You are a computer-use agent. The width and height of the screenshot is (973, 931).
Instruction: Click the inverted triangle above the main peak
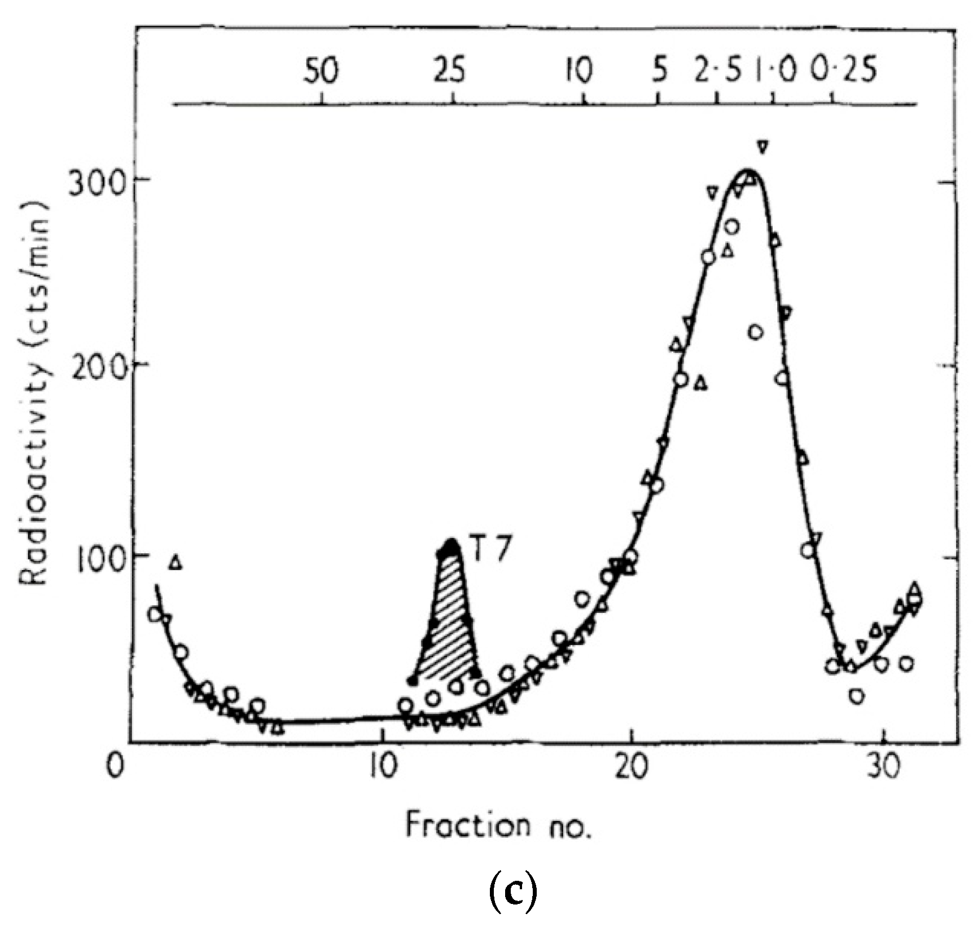pos(763,147)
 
